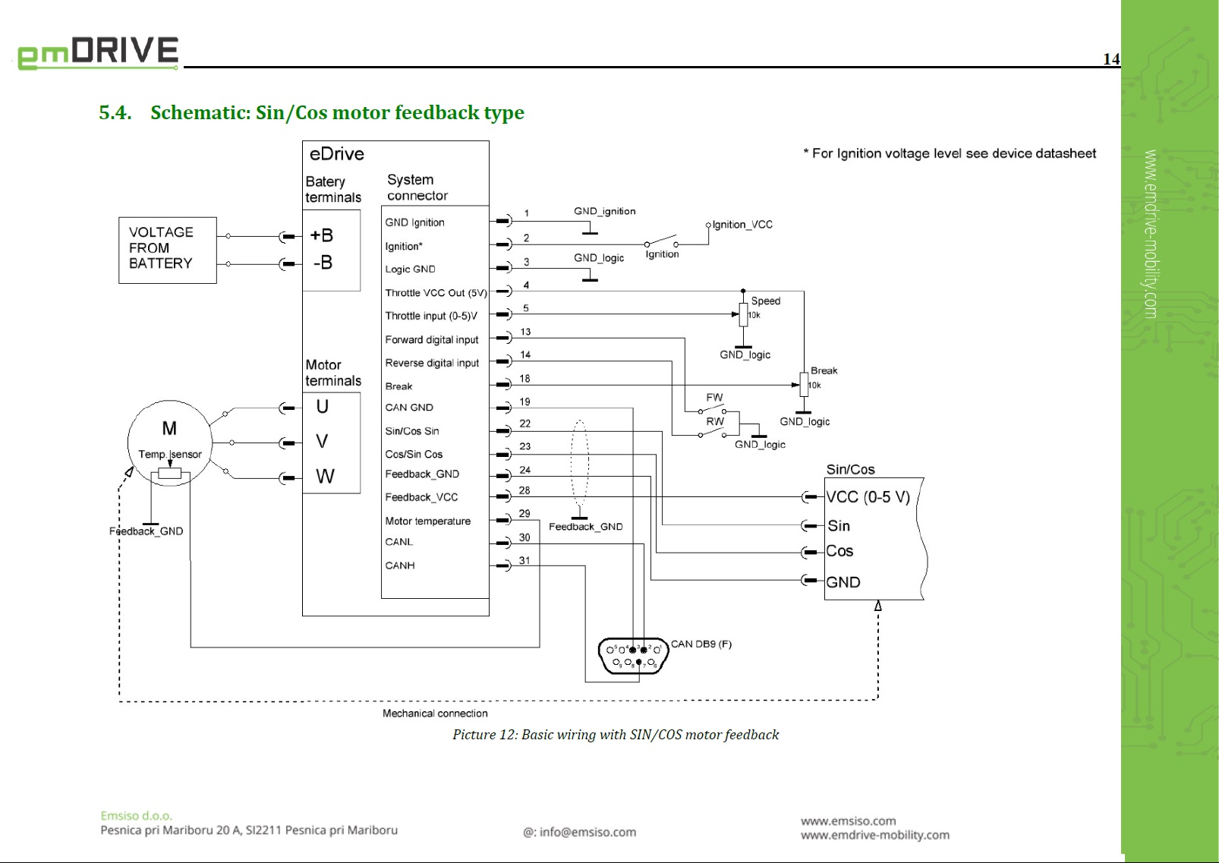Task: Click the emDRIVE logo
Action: click(x=98, y=53)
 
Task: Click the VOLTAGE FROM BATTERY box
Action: click(x=167, y=249)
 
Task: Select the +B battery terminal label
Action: click(x=322, y=235)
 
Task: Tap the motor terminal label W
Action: click(x=325, y=477)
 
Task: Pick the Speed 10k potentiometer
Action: click(x=744, y=313)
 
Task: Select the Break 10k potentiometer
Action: click(x=804, y=384)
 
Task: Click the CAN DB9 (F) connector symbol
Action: click(x=632, y=657)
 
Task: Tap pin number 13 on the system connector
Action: click(x=525, y=332)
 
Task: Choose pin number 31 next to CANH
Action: click(x=524, y=560)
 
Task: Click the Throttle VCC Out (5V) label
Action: click(x=436, y=293)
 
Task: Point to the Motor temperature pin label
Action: click(x=427, y=521)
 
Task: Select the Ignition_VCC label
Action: click(x=742, y=225)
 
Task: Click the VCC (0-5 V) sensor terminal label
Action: click(x=868, y=497)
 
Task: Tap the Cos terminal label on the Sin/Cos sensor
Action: click(x=839, y=551)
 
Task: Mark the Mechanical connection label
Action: click(x=435, y=713)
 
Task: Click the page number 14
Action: click(x=1110, y=59)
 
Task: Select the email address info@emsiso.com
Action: click(x=580, y=832)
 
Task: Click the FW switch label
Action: click(x=714, y=398)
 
